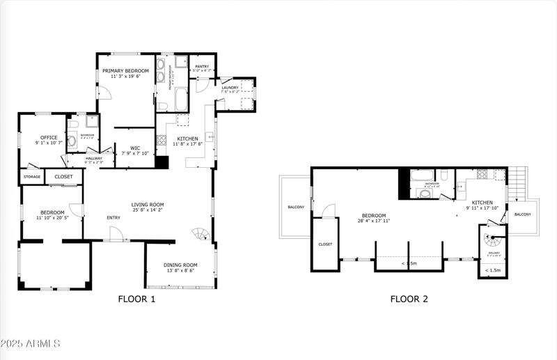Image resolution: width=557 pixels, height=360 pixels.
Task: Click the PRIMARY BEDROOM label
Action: tap(125, 71)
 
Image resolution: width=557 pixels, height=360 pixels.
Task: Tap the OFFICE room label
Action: tap(49, 137)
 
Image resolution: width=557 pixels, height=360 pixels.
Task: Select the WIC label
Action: tap(135, 148)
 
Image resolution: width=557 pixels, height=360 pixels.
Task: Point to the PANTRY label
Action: tap(202, 66)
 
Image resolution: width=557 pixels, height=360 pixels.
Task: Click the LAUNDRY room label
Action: tap(230, 87)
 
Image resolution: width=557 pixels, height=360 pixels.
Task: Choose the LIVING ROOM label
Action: tap(148, 205)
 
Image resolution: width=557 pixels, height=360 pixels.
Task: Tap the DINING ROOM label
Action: tap(180, 265)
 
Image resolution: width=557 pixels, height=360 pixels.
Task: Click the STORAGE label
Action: tap(32, 177)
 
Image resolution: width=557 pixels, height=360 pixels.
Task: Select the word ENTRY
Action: tap(113, 218)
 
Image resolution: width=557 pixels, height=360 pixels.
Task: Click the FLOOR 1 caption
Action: tap(136, 299)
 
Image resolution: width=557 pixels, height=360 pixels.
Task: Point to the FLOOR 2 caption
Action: tap(409, 299)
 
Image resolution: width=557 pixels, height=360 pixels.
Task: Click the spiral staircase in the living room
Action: tap(201, 235)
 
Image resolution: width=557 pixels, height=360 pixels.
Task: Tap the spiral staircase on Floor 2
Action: tap(494, 242)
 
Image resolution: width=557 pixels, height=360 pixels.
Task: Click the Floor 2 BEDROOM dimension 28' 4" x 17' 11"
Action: tap(374, 221)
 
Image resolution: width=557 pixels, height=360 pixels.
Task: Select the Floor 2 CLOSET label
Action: tap(324, 244)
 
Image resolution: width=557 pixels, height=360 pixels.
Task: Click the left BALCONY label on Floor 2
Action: tap(296, 207)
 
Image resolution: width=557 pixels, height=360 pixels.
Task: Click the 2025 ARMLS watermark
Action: tap(31, 343)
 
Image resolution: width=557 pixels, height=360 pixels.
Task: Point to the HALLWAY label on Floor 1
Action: tap(94, 158)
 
